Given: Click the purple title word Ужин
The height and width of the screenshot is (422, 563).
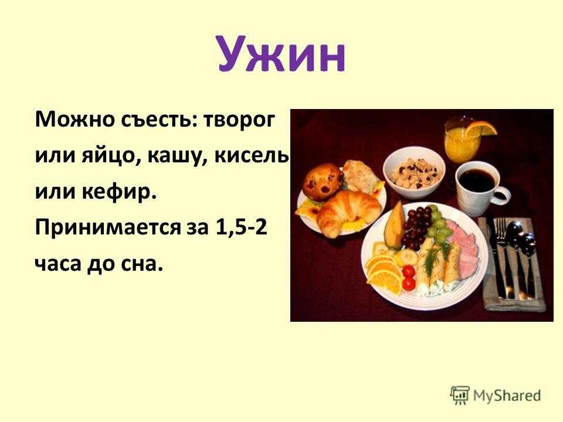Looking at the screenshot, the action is pyautogui.click(x=281, y=55).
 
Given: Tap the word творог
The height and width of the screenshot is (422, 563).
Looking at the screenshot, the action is pyautogui.click(x=239, y=120).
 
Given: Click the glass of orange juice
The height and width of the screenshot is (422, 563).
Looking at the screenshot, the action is pyautogui.click(x=462, y=139).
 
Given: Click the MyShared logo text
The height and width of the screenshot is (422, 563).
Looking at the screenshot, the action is pyautogui.click(x=507, y=396).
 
